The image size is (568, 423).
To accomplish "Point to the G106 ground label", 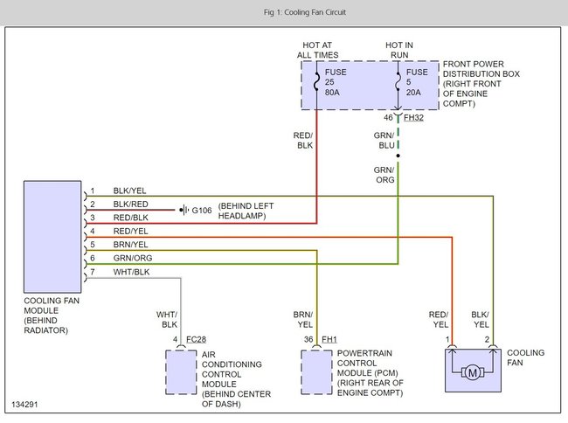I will pos(202,210).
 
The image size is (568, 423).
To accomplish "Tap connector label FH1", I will pos(329,338).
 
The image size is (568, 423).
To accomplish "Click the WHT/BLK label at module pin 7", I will pos(130,272).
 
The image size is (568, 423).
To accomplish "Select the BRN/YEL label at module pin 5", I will pos(130,245).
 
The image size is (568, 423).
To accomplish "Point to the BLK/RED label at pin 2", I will pos(130,204).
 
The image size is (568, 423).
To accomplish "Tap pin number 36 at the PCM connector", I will pos(308,338).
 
